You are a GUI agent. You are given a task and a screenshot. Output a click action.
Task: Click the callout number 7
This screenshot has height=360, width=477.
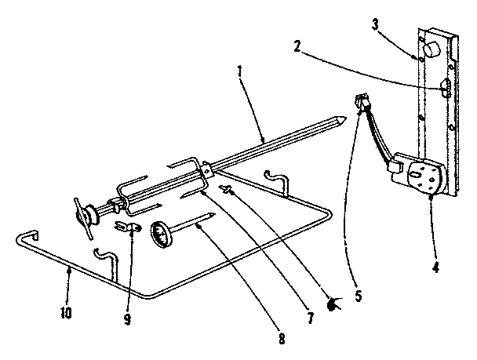point(310,318)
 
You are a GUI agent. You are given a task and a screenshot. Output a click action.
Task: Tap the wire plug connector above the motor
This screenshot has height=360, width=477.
point(362,101)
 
